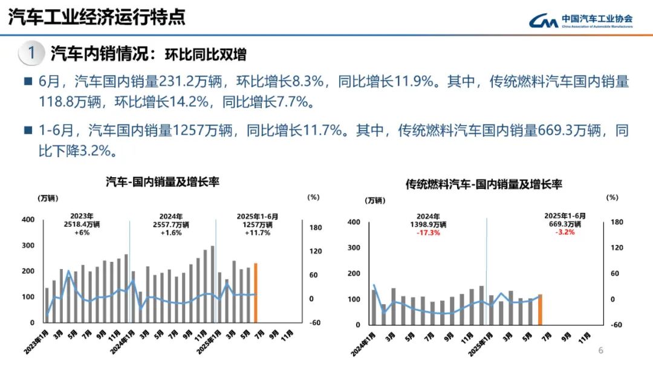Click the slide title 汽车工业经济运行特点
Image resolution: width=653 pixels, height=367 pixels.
pyautogui.click(x=97, y=18)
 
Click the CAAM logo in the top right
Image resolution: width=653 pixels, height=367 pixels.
pyautogui.click(x=580, y=21)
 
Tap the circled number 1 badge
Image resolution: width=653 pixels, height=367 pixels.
pyautogui.click(x=31, y=53)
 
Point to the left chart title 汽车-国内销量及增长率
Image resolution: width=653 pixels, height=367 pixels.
pyautogui.click(x=163, y=182)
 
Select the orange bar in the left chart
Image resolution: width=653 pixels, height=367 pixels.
pyautogui.click(x=256, y=293)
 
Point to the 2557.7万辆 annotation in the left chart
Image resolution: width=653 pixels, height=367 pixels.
pyautogui.click(x=171, y=224)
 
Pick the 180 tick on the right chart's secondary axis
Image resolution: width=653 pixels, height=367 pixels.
pyautogui.click(x=616, y=222)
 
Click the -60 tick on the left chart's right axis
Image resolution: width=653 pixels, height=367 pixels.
pyautogui.click(x=314, y=323)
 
